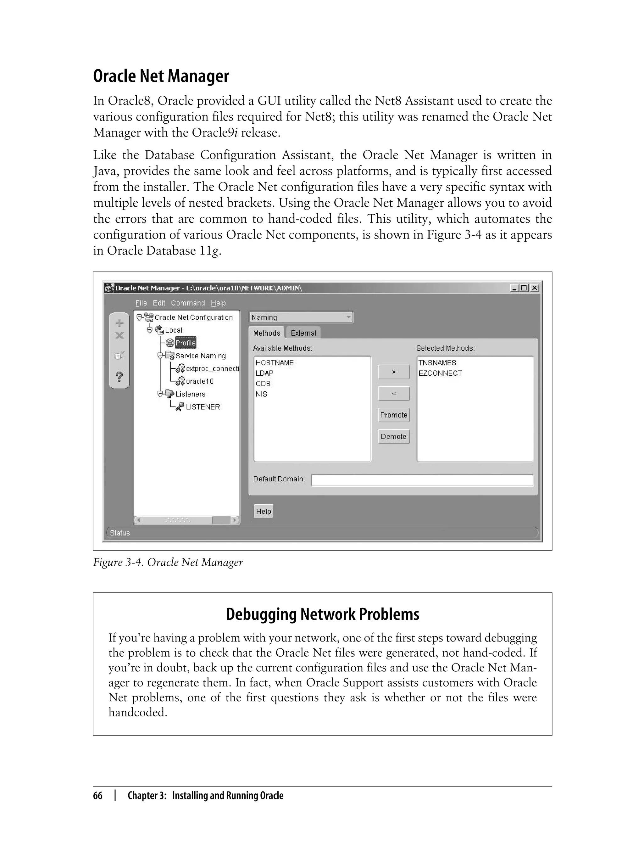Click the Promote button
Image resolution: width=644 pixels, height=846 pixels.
[394, 415]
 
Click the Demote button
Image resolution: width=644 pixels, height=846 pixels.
[394, 436]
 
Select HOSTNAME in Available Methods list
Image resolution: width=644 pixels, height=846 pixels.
[275, 363]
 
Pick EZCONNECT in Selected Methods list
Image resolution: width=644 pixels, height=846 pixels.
[440, 373]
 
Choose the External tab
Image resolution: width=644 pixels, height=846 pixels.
[303, 333]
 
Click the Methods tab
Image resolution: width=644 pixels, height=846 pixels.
[266, 333]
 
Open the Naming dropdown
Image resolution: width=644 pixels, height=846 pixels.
[301, 317]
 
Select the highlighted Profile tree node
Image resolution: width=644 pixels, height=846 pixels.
[186, 343]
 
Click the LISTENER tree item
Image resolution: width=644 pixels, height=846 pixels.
[203, 407]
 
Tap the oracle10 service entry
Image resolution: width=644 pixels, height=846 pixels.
[199, 381]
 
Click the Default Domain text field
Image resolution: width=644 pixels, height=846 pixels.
[422, 480]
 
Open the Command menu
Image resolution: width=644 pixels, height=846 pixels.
[188, 303]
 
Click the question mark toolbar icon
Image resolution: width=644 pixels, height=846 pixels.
[119, 377]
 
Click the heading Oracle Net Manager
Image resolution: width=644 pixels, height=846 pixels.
[161, 76]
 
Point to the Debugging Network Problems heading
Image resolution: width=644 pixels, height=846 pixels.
[322, 614]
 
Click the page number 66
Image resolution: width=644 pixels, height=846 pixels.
[98, 795]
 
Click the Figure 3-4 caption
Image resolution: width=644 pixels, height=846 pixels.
[168, 562]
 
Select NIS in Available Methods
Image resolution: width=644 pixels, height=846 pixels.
[261, 394]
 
